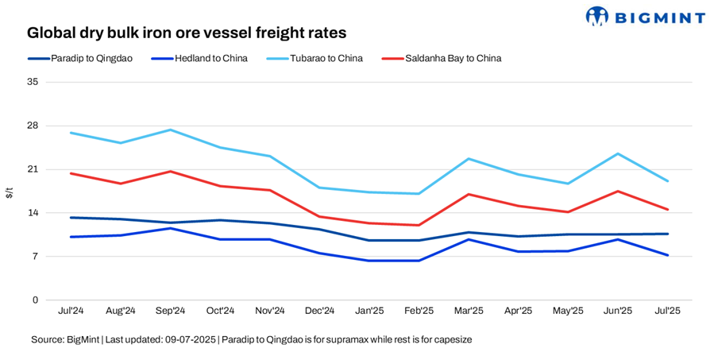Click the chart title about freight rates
click(187, 33)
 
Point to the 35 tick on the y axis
click(33, 82)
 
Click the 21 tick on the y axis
click(33, 169)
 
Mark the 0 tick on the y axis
click(35, 300)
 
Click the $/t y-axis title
click(10, 192)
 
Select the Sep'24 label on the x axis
click(171, 311)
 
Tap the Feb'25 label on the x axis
click(419, 311)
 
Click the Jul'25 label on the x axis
click(668, 311)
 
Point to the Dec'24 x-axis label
click(320, 311)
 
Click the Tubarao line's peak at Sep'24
click(171, 130)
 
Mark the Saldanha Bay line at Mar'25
click(469, 194)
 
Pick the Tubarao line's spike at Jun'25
click(618, 153)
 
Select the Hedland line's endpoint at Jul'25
click(668, 255)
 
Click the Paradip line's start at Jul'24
click(71, 218)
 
